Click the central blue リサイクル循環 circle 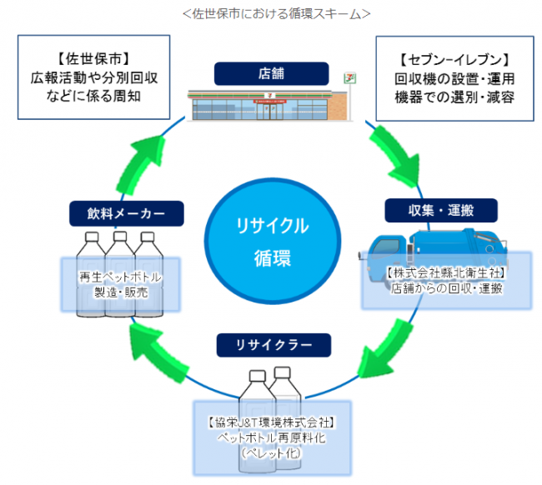click(x=271, y=241)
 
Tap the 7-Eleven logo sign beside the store click(x=354, y=78)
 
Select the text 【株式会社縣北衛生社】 click(x=447, y=272)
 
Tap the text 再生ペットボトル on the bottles click(x=120, y=277)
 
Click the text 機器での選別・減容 click(x=454, y=97)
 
